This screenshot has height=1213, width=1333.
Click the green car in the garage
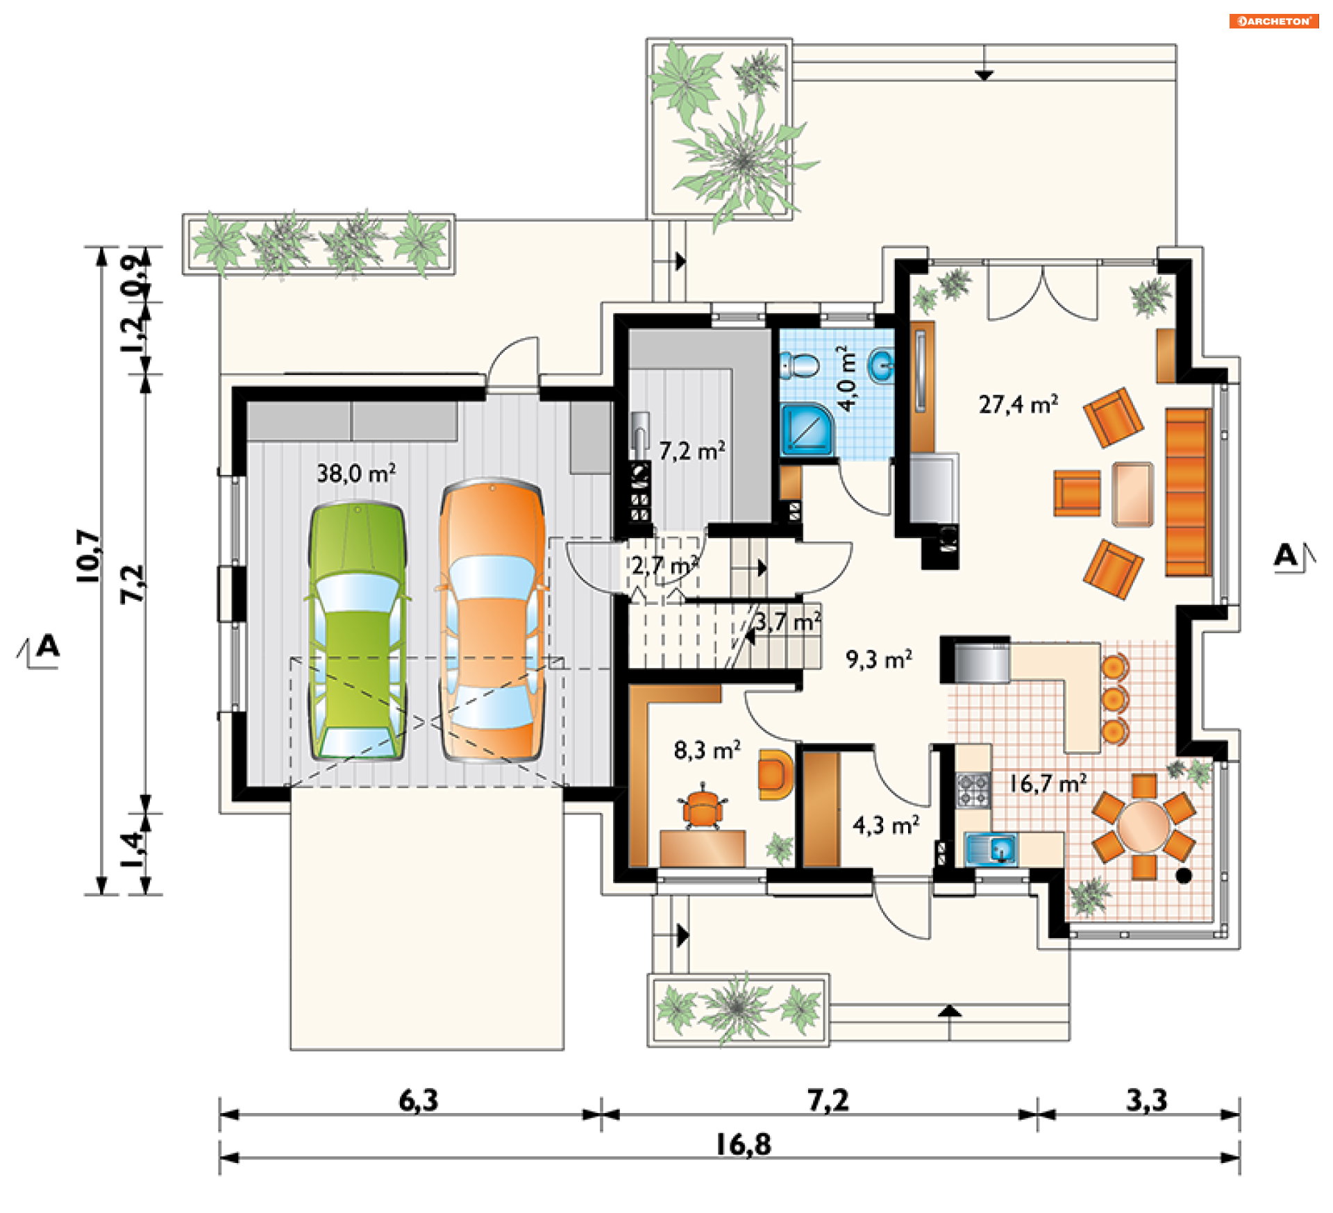click(357, 630)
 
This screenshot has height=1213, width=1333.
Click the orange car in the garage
click(492, 619)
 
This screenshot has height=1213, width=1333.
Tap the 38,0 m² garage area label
click(356, 474)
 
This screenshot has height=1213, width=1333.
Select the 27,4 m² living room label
click(1018, 404)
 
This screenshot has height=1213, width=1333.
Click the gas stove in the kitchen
click(973, 790)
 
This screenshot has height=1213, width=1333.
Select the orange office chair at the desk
click(703, 808)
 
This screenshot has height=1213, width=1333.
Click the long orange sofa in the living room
click(1189, 492)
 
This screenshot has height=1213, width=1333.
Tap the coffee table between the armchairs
click(1132, 494)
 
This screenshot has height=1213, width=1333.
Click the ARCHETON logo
click(1274, 21)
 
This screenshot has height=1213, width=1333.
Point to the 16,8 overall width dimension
click(743, 1145)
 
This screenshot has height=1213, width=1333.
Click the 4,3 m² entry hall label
click(886, 825)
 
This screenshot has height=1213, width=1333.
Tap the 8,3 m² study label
click(707, 750)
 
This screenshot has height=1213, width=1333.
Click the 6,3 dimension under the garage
click(418, 1101)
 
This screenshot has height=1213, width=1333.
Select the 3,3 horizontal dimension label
click(1146, 1101)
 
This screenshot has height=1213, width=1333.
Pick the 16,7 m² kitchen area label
click(1048, 784)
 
